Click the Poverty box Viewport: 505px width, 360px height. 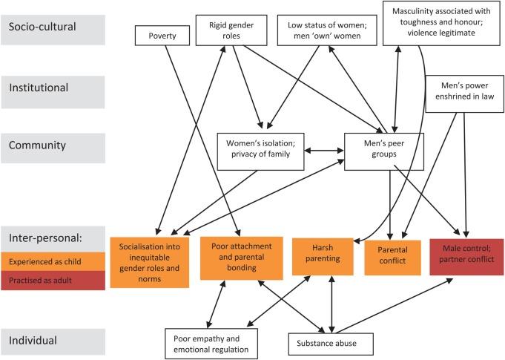[162, 36]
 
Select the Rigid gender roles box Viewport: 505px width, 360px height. [231, 30]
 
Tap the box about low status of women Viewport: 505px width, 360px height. [327, 30]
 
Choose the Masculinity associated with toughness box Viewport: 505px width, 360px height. [441, 23]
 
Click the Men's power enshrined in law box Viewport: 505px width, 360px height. [464, 94]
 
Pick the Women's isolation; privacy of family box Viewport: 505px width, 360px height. [260, 151]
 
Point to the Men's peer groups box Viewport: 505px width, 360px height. [384, 151]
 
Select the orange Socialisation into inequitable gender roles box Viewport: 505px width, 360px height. [150, 262]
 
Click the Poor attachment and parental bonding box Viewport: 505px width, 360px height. [242, 258]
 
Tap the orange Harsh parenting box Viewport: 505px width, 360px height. [323, 257]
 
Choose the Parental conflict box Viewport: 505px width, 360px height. [392, 258]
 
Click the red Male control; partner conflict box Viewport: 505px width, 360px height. [466, 257]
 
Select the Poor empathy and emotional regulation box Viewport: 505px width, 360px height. [211, 344]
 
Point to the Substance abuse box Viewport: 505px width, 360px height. [331, 344]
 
